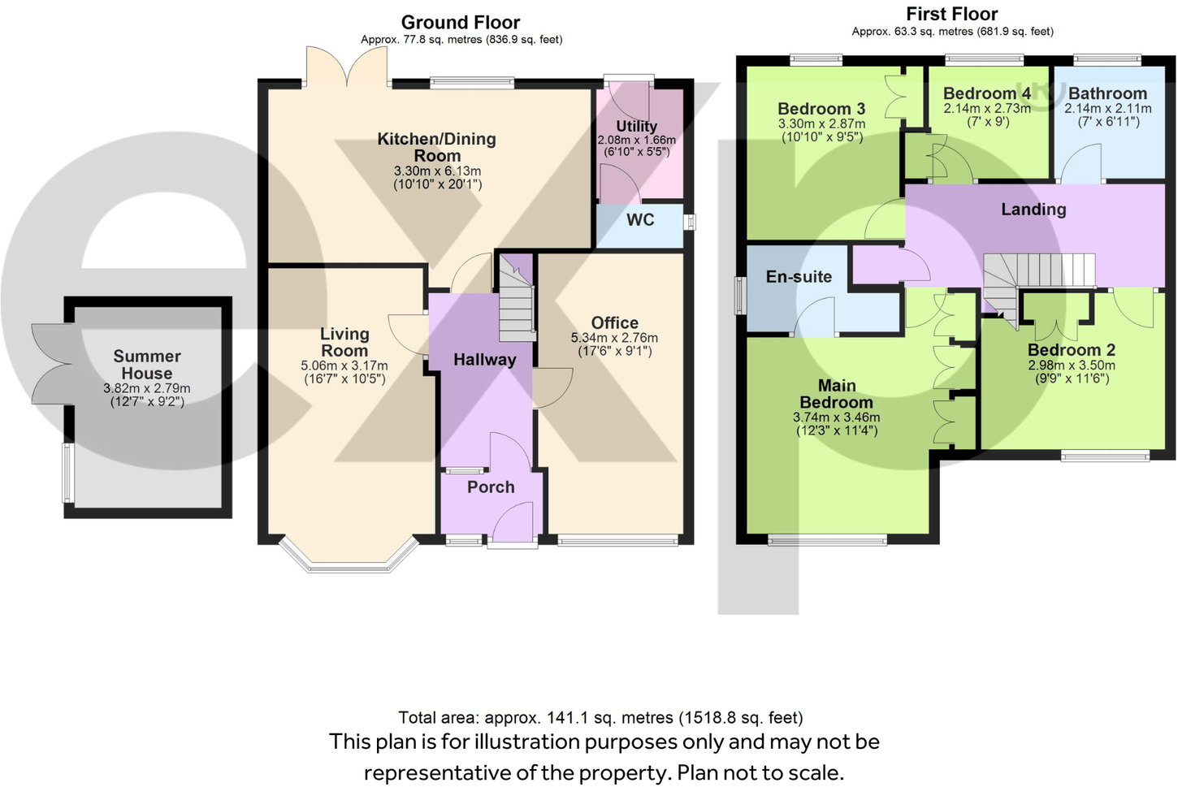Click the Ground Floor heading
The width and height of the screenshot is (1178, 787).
click(460, 23)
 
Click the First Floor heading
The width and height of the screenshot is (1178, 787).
click(951, 14)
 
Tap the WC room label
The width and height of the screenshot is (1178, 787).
click(640, 220)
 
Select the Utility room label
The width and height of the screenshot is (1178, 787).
click(636, 126)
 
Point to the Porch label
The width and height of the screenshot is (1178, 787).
click(491, 487)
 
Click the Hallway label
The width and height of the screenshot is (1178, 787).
click(484, 360)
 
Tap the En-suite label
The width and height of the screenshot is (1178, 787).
click(799, 277)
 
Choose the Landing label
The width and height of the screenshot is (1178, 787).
click(1033, 210)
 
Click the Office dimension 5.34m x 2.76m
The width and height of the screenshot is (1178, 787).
click(614, 338)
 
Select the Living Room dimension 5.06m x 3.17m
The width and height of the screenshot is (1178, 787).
click(344, 365)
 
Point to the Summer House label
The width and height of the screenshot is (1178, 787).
click(147, 365)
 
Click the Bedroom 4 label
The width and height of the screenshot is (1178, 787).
click(986, 93)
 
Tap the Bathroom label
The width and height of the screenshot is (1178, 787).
click(1107, 93)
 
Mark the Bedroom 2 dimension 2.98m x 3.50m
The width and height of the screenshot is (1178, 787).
click(1071, 365)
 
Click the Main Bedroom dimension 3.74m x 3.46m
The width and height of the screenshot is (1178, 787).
click(836, 417)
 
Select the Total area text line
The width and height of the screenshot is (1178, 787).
click(600, 718)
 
